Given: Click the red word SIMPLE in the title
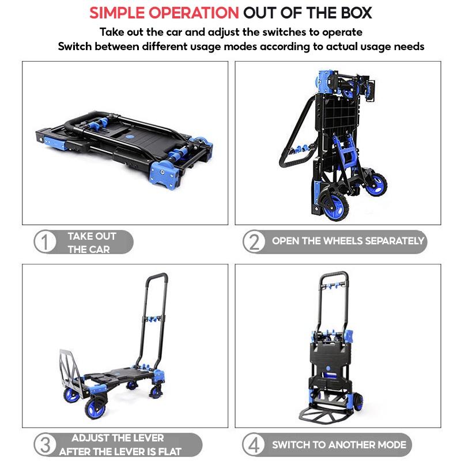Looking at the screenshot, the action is coord(117,13).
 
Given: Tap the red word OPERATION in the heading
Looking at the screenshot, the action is coord(194,13).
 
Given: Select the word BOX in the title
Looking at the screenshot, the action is coord(356,13).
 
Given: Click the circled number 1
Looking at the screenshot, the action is coord(45,241).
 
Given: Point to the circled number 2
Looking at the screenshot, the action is coord(254,241).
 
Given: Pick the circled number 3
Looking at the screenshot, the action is coord(45,444).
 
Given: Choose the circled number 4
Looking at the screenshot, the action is coord(254,444).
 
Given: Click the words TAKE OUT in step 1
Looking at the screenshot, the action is coord(92,236).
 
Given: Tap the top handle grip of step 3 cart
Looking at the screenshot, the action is coord(157,277).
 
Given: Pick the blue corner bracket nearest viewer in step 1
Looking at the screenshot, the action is coord(165,175).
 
